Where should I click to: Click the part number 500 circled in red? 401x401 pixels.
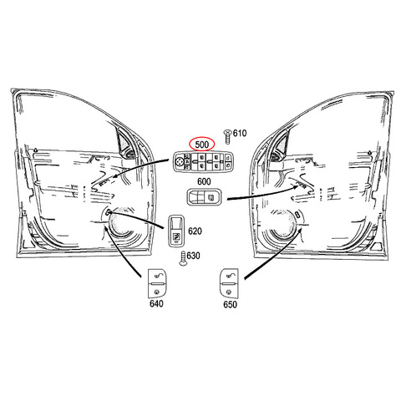(x=202, y=145)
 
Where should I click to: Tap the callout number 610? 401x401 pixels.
(x=240, y=134)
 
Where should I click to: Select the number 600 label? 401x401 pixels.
(x=204, y=181)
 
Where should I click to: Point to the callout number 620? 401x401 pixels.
(x=195, y=231)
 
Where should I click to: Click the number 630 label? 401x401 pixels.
(x=193, y=256)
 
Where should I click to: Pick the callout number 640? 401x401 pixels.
(x=156, y=303)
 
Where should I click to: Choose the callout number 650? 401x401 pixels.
(x=230, y=304)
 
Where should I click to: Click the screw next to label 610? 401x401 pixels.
(x=228, y=136)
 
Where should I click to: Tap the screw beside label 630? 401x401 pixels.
(x=183, y=258)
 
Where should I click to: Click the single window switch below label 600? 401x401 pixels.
(x=204, y=197)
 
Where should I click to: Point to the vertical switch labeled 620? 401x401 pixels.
(x=176, y=231)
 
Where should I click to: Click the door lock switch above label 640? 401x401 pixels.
(x=157, y=283)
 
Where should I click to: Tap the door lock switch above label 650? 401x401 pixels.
(x=229, y=283)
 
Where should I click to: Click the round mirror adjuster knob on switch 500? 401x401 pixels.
(x=180, y=161)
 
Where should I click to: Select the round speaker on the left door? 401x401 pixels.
(x=122, y=222)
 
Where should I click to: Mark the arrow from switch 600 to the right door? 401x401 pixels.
(x=263, y=195)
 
